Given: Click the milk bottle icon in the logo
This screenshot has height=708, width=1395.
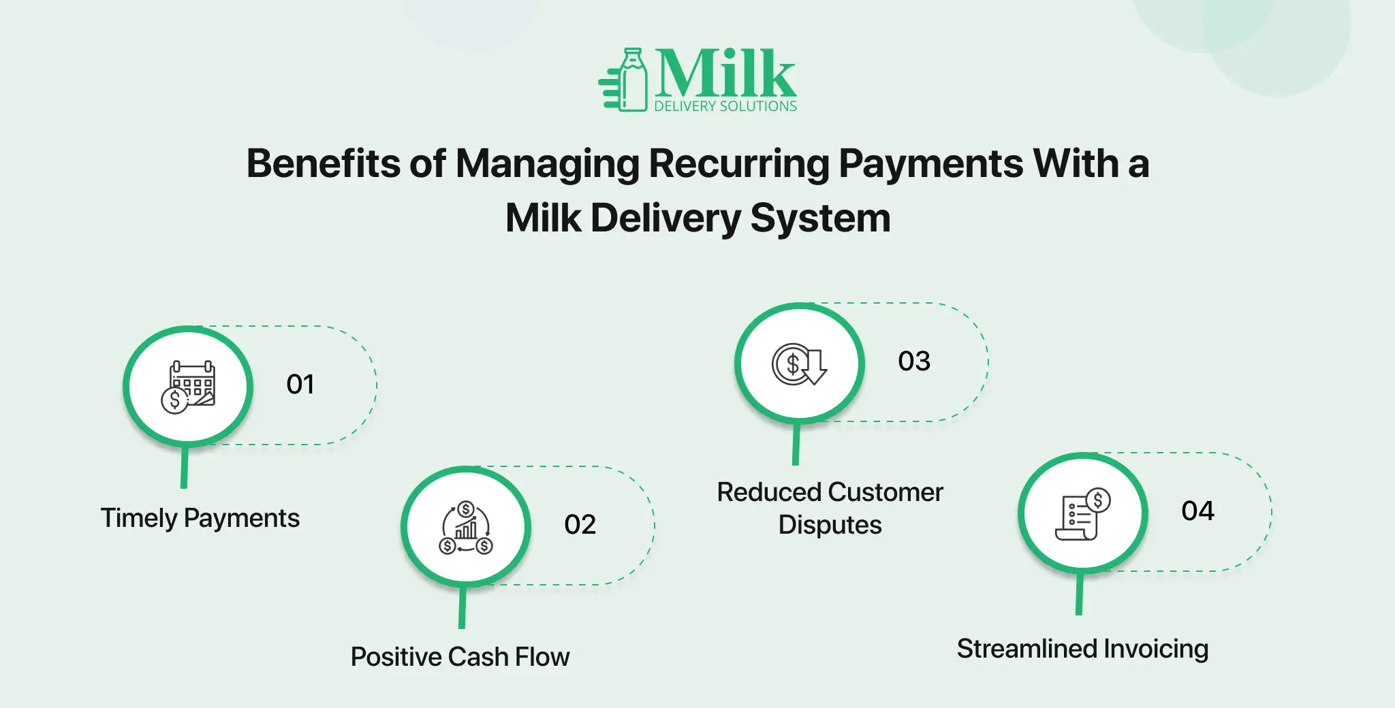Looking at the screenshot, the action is tap(624, 80).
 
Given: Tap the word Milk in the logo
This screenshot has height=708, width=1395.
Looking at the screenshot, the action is tap(725, 73).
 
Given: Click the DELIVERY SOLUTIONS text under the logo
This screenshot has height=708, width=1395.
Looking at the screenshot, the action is tap(725, 106).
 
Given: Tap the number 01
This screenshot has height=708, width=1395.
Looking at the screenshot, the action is tap(300, 385).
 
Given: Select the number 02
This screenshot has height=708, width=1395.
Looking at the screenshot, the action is tap(580, 524).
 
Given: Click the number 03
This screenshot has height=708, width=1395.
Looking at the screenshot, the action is tap(914, 361).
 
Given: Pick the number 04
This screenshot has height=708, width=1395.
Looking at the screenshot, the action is tap(1197, 511).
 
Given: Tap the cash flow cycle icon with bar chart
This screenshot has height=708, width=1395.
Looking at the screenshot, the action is tap(466, 528).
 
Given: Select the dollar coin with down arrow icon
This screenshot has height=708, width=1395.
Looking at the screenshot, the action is tap(799, 364).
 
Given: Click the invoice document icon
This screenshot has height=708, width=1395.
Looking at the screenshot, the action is tap(1083, 514).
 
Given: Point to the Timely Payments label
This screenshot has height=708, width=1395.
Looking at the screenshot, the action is tap(200, 519).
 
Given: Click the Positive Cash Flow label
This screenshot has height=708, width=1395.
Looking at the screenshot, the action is tap(460, 657).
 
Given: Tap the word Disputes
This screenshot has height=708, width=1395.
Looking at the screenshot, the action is tap(830, 525).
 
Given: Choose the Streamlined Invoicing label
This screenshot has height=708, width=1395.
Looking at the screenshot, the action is tap(1082, 649).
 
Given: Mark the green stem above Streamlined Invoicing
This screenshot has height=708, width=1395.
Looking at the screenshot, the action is tap(1080, 594).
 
